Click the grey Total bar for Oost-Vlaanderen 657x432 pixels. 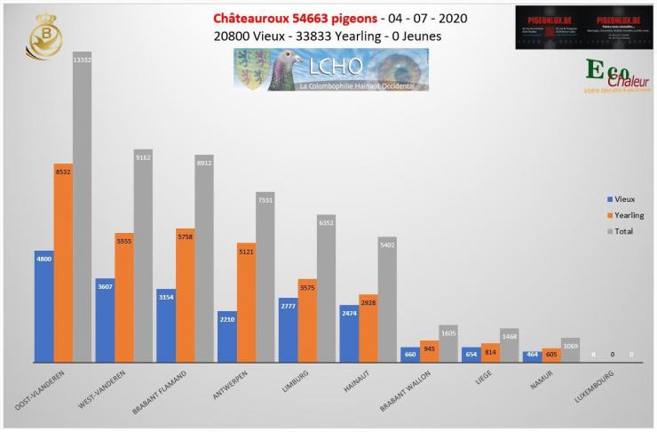point(83,213)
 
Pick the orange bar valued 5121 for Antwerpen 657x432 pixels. point(246,302)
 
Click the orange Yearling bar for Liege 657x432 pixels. point(490,353)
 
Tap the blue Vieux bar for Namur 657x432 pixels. point(531,356)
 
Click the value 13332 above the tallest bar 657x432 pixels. point(83,58)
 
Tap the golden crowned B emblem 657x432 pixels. point(45,36)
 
